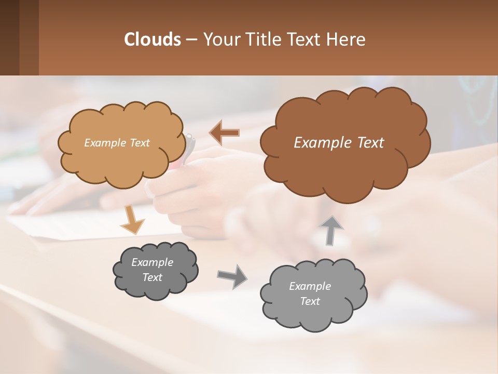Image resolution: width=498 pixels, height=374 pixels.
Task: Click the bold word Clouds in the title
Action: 153,39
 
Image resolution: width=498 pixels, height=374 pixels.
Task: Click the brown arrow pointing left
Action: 224,132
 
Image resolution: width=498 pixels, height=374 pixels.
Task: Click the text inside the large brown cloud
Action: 339,143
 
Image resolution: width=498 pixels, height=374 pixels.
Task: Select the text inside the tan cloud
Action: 117,143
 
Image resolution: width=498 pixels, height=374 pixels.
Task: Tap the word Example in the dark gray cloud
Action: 152,262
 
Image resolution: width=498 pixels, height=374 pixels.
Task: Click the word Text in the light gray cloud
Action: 310,301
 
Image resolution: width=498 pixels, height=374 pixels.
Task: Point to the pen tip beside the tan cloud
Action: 190,138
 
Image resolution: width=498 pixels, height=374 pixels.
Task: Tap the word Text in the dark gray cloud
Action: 152,277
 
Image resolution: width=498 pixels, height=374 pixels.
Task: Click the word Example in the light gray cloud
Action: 310,286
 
